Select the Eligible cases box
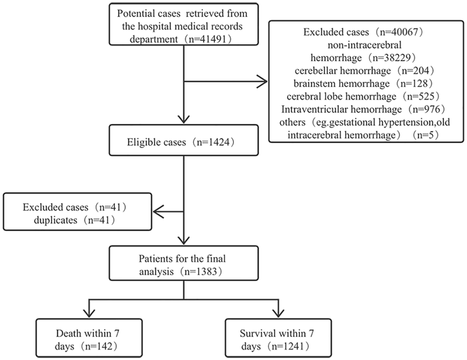(x=183, y=140)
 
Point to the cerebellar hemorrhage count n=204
(x=416, y=70)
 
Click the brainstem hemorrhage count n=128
(x=414, y=83)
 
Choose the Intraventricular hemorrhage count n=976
(x=426, y=109)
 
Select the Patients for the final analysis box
(x=183, y=263)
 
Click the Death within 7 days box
(x=89, y=338)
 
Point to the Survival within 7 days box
(x=278, y=338)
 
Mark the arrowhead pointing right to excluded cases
(x=262, y=81)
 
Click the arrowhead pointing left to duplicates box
(x=158, y=212)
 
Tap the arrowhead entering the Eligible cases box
(x=184, y=120)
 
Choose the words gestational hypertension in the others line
(x=374, y=122)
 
